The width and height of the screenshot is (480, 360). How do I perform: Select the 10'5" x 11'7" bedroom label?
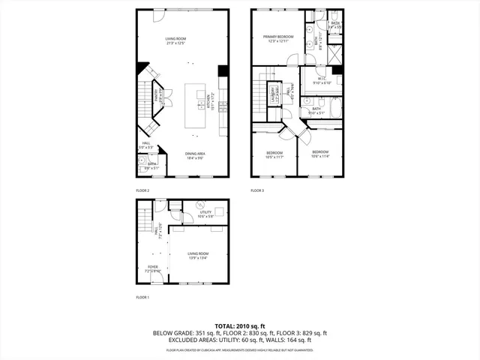pos(274,154)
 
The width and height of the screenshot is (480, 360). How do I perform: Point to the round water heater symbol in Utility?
pos(199,205)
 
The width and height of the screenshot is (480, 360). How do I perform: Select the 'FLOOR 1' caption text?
pos(142,298)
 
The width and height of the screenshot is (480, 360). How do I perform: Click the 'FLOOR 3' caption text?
pos(257,190)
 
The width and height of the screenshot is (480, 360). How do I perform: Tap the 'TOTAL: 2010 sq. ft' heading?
pos(240,326)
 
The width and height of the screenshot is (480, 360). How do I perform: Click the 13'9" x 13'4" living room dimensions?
pos(198,259)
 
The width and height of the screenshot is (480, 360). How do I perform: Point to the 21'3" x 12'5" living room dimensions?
pos(175,43)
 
